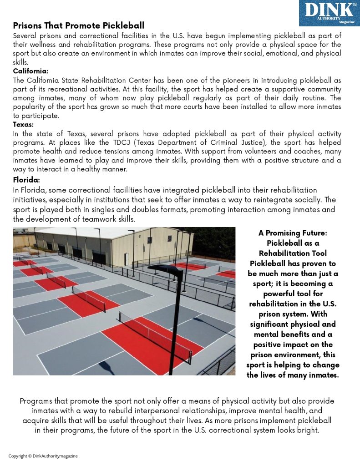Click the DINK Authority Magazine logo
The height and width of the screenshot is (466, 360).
coord(329,13)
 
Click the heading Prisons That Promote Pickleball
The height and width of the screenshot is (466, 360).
coord(78,25)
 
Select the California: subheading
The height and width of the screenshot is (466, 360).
coord(30,71)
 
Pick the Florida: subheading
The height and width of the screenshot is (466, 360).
coord(26,180)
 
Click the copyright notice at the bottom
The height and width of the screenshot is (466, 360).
coord(43,456)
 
